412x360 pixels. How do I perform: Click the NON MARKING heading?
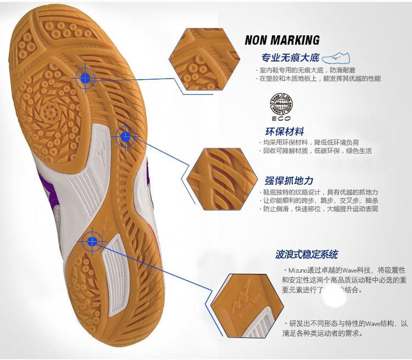pyautogui.click(x=282, y=40)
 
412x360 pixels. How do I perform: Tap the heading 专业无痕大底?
pyautogui.click(x=290, y=58)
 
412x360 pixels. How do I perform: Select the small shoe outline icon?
pyautogui.click(x=337, y=57)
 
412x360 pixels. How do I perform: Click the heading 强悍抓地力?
pyautogui.click(x=289, y=180)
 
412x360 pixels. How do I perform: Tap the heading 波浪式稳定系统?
pyautogui.click(x=307, y=254)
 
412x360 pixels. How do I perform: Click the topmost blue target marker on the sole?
pyautogui.click(x=85, y=79)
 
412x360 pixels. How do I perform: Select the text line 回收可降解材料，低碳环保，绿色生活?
pyautogui.click(x=317, y=151)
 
